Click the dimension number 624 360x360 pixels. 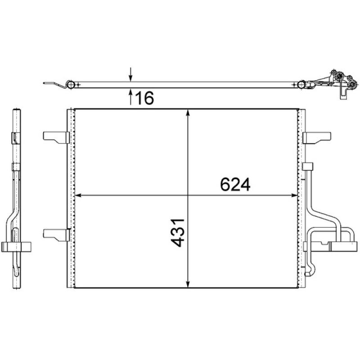coord(235,184)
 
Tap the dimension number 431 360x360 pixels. coord(178,233)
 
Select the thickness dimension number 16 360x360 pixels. coord(144,98)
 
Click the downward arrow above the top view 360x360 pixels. coord(130,74)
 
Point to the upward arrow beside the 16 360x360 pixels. coord(130,97)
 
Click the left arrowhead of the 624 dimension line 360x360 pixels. coord(78,195)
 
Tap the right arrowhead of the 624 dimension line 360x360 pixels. coord(295,195)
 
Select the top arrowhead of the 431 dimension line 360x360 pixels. coord(188,113)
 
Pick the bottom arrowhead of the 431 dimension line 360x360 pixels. coord(188,284)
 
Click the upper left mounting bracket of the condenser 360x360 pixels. coord(56,137)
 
